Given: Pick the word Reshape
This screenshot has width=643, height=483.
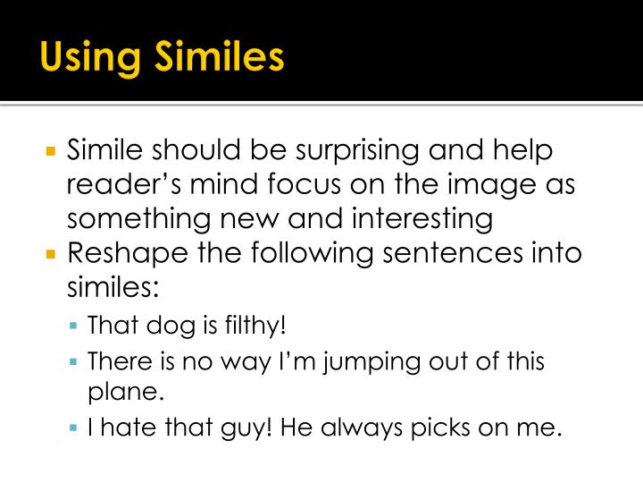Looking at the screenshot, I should coord(121,253).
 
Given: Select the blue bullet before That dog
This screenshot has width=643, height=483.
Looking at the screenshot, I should coord(76,326).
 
